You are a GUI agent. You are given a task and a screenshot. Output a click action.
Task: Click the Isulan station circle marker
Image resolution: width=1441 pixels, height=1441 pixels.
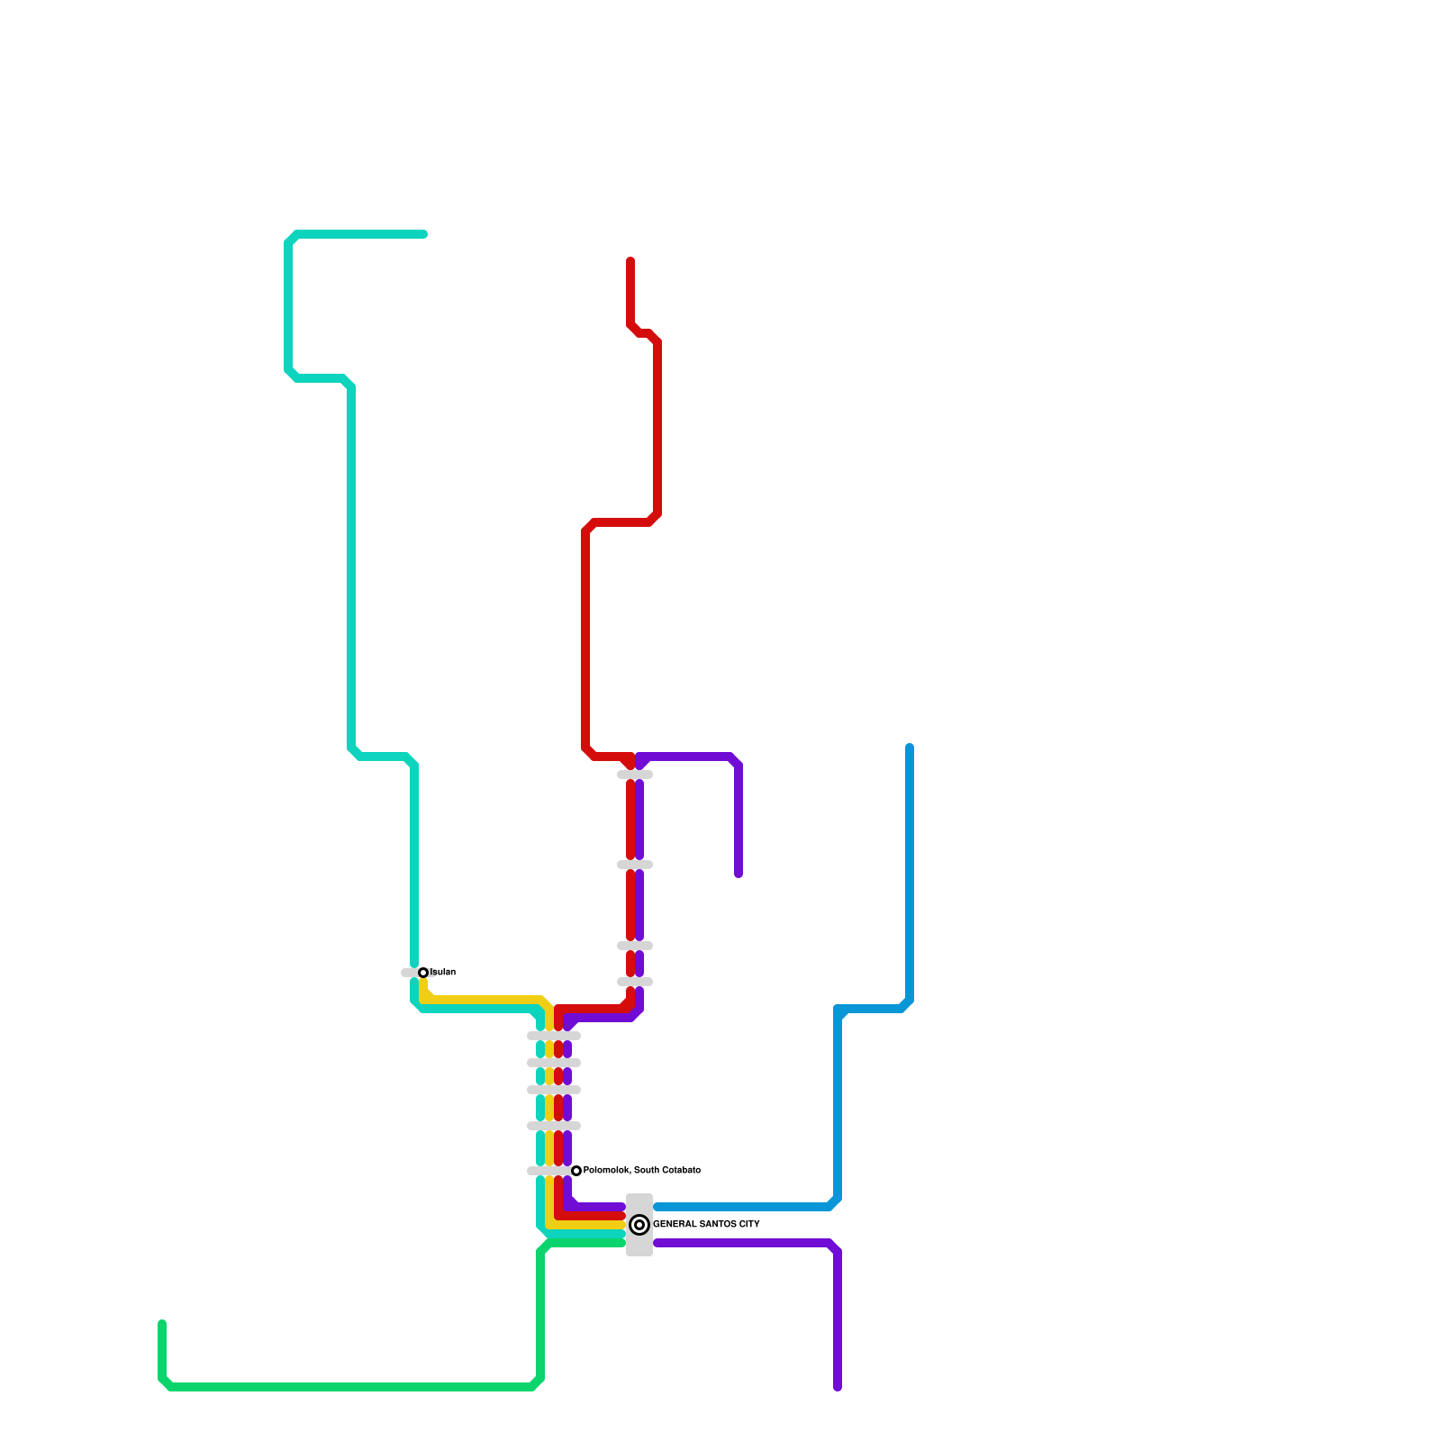423,973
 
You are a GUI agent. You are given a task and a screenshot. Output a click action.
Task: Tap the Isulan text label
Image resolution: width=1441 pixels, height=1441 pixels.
443,973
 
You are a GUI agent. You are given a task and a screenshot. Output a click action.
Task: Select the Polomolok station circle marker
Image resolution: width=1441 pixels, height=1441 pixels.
576,1171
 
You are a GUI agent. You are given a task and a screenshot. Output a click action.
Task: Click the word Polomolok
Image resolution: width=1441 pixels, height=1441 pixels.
606,1171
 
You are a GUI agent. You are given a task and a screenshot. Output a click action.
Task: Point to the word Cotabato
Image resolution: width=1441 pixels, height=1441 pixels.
681,1171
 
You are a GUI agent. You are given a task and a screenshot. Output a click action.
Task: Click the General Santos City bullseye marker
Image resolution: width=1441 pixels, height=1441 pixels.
639,1225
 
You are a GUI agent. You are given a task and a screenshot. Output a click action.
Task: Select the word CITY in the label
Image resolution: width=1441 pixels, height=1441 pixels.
749,1225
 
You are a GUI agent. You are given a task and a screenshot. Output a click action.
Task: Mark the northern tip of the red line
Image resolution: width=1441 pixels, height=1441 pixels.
630,261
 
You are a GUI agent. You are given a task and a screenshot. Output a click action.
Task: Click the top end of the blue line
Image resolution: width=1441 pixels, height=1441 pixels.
910,748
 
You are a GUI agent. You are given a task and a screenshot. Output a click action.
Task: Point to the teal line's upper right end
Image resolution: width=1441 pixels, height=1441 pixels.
423,235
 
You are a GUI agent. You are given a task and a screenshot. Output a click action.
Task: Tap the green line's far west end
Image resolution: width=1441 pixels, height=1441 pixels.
162,1324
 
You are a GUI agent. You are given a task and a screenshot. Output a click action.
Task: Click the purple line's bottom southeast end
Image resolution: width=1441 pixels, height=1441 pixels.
838,1387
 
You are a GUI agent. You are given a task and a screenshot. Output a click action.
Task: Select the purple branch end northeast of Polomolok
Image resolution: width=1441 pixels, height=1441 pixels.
739,874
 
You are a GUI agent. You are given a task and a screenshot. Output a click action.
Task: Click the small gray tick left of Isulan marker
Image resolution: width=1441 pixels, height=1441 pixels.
408,973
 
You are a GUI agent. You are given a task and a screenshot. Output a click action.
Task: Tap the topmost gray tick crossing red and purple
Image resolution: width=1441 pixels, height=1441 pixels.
635,775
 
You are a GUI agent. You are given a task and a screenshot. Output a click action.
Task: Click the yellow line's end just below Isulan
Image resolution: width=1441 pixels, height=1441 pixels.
423,983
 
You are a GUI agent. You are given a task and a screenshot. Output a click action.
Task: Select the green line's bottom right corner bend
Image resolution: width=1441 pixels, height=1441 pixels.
539,1383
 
